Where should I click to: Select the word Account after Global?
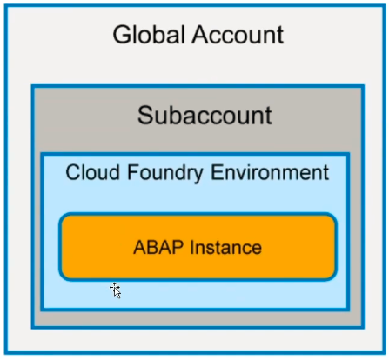click(238, 36)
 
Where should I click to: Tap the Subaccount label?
click(205, 115)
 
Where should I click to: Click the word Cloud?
click(91, 172)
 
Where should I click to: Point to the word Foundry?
click(167, 172)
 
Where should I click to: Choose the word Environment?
click(270, 172)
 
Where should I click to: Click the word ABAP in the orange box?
click(157, 247)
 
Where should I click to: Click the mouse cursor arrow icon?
click(116, 290)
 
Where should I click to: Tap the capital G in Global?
click(124, 36)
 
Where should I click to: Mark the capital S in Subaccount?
click(145, 115)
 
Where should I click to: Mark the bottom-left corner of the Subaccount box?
click(33, 327)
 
